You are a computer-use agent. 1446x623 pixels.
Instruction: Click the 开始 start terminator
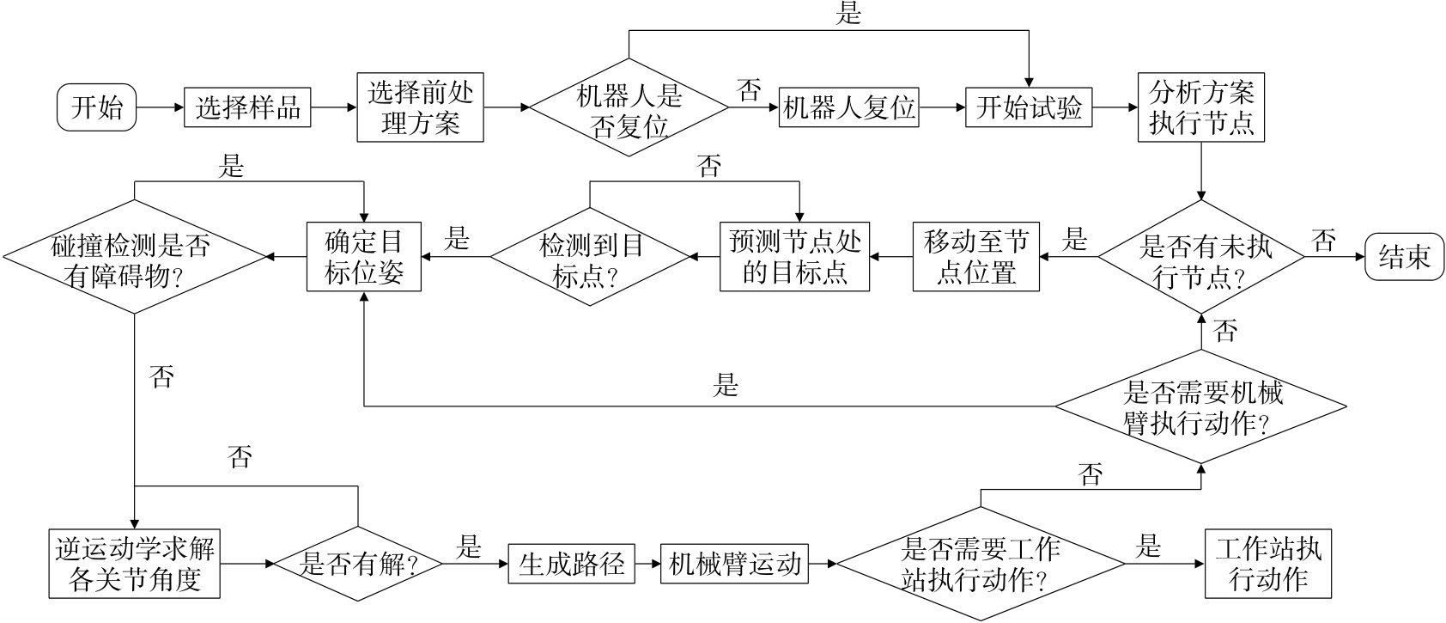[96, 108]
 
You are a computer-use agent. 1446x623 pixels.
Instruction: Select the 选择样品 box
[247, 108]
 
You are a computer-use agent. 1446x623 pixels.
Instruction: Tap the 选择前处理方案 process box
[420, 108]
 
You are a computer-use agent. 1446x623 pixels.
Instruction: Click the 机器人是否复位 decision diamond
[629, 108]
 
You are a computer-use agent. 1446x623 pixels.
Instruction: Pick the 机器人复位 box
[848, 108]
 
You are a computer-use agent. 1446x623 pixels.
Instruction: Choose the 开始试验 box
[1029, 108]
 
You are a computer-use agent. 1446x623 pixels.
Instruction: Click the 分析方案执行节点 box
[1201, 108]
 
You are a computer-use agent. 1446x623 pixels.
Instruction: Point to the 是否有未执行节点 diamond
[1201, 257]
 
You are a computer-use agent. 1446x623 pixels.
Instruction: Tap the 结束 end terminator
[1405, 256]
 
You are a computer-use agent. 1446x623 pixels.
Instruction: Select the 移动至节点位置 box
[976, 256]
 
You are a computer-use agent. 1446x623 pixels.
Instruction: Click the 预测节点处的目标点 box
[794, 256]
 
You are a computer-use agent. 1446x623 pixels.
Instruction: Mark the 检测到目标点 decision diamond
[591, 256]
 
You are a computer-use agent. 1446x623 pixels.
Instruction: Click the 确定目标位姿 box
[364, 256]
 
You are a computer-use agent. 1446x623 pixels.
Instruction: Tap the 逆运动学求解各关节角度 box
[135, 564]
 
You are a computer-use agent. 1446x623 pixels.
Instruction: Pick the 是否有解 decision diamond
[357, 564]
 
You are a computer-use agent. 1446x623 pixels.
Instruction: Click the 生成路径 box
[571, 564]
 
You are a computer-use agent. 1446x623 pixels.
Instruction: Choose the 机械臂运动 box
[734, 564]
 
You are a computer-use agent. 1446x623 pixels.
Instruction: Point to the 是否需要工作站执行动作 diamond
[980, 564]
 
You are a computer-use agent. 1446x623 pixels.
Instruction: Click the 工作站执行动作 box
[1268, 564]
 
